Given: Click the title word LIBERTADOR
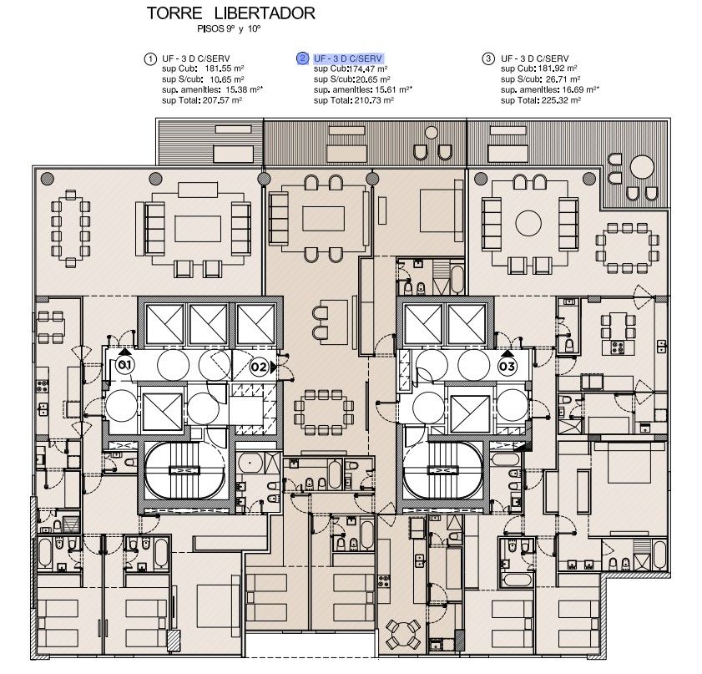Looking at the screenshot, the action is tap(265, 13).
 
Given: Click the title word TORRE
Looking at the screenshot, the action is tap(174, 13).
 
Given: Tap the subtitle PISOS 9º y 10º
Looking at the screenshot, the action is tap(229, 29).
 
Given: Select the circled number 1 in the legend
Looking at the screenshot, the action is tap(150, 59).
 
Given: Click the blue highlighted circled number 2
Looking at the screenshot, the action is tap(303, 58).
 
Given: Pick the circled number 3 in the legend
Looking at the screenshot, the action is tap(488, 58).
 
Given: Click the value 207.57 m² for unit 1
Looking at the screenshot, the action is tap(222, 100).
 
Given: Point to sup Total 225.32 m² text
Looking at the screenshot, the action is tap(541, 100).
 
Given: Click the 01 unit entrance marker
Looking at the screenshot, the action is tap(125, 364).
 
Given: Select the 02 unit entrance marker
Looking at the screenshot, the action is tap(259, 367).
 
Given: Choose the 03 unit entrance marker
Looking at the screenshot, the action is tap(508, 367).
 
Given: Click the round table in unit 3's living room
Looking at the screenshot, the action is tap(528, 223).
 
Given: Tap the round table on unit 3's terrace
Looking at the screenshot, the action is tap(642, 166).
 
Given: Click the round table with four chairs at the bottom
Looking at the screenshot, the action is tap(403, 634).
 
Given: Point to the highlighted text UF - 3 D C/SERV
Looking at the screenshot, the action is tap(348, 58).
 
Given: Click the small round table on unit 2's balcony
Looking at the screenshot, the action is tap(432, 133).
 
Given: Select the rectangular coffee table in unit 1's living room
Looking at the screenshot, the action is tap(198, 229).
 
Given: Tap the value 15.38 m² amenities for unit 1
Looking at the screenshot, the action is tap(244, 89).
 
